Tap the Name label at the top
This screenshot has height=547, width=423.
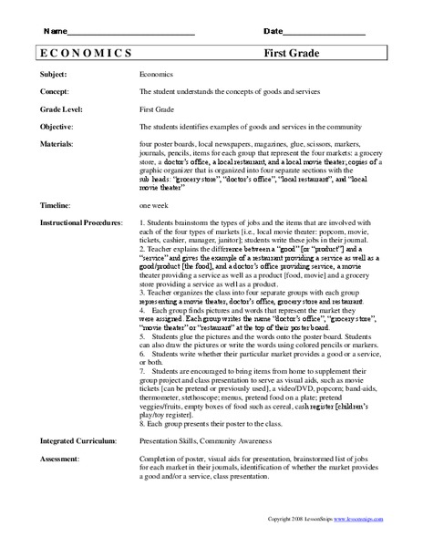tap(57, 31)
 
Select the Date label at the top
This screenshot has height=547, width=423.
tap(273, 31)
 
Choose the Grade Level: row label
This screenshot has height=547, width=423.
tap(62, 110)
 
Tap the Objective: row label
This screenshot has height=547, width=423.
tap(58, 128)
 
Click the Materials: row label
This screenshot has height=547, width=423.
tap(58, 145)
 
